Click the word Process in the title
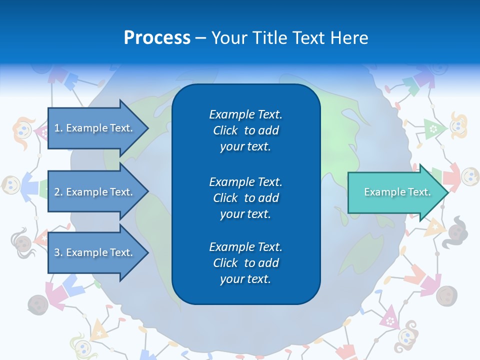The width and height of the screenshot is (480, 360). coord(157,38)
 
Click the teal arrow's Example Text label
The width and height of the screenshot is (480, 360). coord(397,192)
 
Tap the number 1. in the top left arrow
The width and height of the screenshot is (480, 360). coord(58,128)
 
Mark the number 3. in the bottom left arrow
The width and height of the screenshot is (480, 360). coord(58,252)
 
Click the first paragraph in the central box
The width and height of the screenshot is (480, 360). coord(245,130)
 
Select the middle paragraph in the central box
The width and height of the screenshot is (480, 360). coord(245,198)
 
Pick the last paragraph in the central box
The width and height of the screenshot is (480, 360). coord(245,263)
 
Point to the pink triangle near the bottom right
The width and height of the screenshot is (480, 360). coord(389,318)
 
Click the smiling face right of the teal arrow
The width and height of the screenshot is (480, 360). coord(469,176)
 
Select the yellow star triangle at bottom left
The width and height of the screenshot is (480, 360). coord(99,330)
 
